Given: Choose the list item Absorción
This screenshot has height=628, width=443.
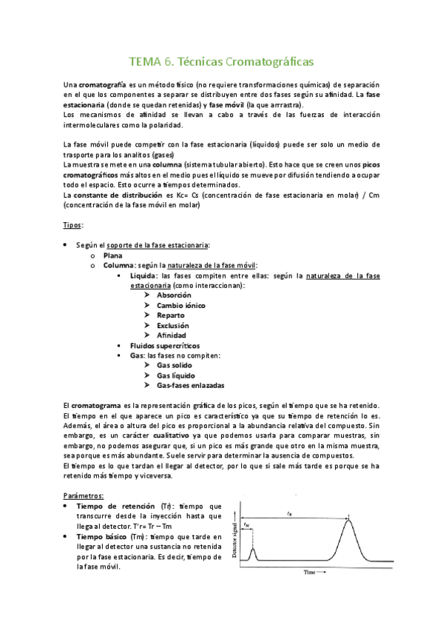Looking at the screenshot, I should point(174,295).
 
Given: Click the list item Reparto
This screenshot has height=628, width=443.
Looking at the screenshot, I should point(171,315).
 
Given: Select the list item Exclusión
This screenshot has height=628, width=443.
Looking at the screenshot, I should point(172,325).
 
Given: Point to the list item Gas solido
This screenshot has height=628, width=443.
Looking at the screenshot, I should point(175,365).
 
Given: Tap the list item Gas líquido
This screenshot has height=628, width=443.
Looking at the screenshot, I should point(177,375).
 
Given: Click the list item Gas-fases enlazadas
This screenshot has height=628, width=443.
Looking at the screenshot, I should point(191,386).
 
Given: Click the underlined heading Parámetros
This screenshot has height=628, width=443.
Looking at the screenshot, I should point(84,495).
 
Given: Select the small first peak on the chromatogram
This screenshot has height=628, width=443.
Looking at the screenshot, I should point(252,551).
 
